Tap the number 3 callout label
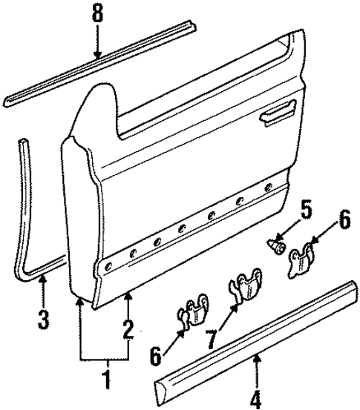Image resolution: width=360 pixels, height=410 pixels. coord(44,321)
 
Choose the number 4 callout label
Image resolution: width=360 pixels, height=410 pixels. coord(256,400)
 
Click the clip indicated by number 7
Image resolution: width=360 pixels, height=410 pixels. coord(243,289)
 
